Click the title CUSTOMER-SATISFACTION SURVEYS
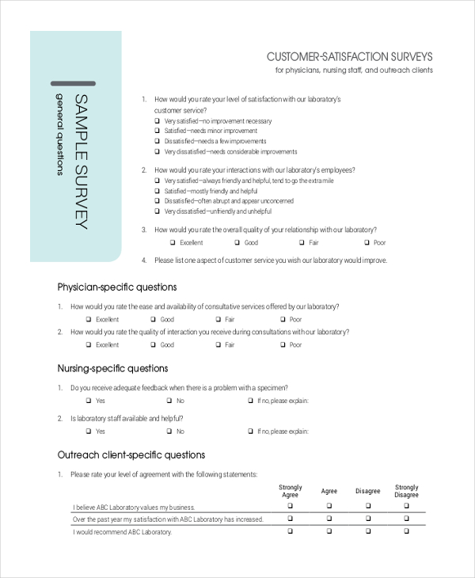tap(349, 57)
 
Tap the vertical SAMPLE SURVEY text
tap(81, 162)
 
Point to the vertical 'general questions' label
tap(59, 135)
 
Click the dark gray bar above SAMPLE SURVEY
tap(73, 83)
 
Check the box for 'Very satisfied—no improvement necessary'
tap(157, 121)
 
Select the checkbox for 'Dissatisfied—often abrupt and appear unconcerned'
tap(157, 202)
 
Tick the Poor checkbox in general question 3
tap(367, 243)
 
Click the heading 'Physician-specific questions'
tap(117, 287)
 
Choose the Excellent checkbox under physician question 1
tap(89, 320)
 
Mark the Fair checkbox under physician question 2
tap(218, 345)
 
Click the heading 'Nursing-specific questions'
tap(113, 368)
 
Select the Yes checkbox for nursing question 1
tap(89, 401)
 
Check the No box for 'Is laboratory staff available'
tap(169, 432)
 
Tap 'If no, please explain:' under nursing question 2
tap(283, 432)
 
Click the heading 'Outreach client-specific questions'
tap(131, 454)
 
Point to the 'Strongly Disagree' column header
tap(407, 492)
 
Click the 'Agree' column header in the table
tap(329, 492)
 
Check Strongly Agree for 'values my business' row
tap(290, 506)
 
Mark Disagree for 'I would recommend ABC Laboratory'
tap(367, 531)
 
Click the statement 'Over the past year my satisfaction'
tap(168, 519)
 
